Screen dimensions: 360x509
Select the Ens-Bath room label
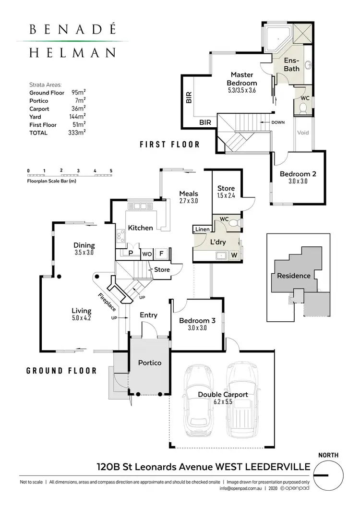[x=291, y=65]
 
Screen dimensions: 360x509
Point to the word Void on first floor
[x=303, y=133]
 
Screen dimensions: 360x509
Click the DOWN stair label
[x=278, y=122]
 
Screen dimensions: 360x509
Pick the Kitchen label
[x=140, y=228]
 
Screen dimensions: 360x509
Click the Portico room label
[x=149, y=363]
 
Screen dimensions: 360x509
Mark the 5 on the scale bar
[x=111, y=171]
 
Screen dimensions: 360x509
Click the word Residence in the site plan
[x=293, y=276]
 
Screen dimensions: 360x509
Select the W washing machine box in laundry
[x=235, y=255]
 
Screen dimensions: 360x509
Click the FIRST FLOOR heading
[x=169, y=144]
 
